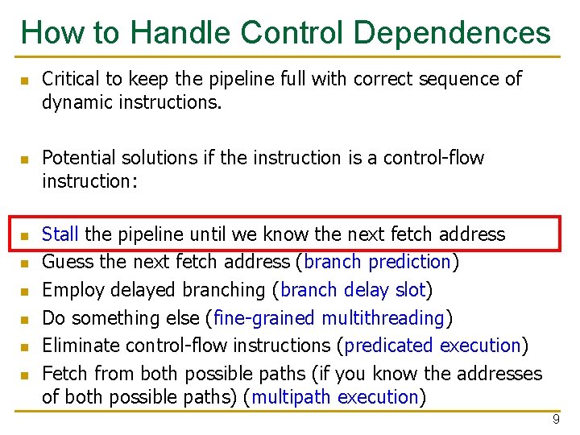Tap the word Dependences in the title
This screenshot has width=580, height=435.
pos(452,33)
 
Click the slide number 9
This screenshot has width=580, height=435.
pos(555,420)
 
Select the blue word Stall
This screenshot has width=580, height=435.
pos(60,234)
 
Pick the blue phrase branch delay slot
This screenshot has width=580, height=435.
pos(353,290)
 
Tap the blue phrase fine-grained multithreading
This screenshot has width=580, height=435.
pos(329,318)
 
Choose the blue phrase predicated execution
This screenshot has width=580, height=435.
pos(433,346)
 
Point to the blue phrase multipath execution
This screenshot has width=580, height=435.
pos(335,397)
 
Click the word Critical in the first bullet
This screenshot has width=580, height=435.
pos(69,79)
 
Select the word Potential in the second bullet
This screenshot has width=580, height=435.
pos(77,158)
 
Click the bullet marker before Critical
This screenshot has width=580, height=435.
pos(25,81)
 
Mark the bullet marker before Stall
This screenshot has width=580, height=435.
pos(25,236)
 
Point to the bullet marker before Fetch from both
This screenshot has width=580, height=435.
pos(25,375)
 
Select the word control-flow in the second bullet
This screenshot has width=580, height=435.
pos(436,158)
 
